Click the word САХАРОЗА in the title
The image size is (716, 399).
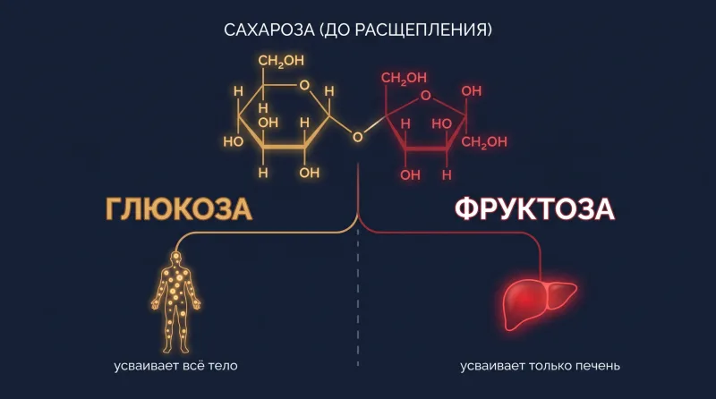point(269,30)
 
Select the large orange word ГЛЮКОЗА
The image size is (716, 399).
point(179,209)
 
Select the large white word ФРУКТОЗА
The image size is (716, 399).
point(534,209)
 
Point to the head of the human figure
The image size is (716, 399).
point(175,258)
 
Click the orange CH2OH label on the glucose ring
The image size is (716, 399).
point(281,61)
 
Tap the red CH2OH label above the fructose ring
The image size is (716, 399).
point(404,78)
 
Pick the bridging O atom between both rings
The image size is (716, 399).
point(357,137)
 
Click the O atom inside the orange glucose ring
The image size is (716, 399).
point(304,85)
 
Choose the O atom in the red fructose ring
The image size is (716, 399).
point(426,96)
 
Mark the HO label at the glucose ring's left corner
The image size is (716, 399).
point(233,141)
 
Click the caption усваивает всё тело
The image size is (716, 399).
point(175,366)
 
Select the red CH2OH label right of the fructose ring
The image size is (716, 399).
point(484,142)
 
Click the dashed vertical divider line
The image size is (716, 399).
point(357,298)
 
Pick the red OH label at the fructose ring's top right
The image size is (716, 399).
point(472,91)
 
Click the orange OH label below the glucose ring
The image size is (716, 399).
point(309,173)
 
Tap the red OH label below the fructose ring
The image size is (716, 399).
point(410,174)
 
